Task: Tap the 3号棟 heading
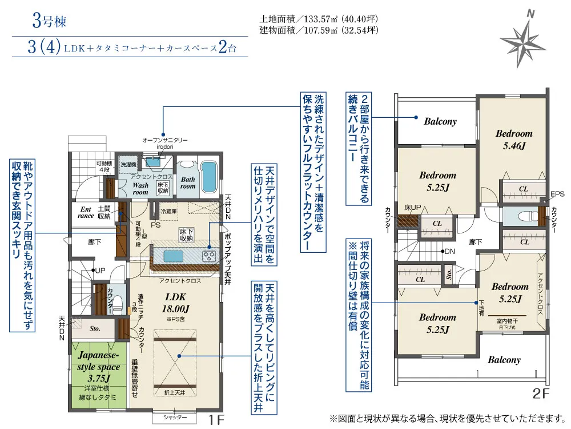49,22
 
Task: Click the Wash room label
140,189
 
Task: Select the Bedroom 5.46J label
514,139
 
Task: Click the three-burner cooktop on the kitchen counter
209,256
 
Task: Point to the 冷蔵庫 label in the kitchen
170,211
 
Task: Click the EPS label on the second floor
557,194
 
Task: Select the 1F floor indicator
215,420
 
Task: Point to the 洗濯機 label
127,164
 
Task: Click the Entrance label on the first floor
85,212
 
